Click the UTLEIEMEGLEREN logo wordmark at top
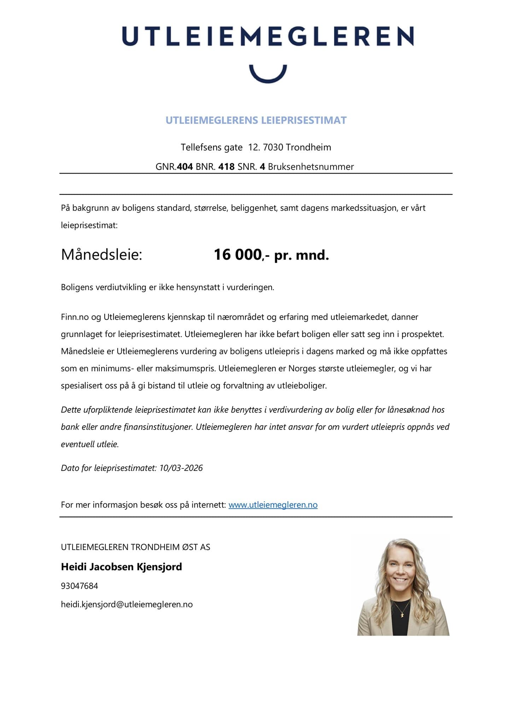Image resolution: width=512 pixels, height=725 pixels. (268, 36)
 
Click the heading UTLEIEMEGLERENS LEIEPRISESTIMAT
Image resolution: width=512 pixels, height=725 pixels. (256, 120)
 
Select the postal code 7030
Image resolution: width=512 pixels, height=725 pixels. (273, 147)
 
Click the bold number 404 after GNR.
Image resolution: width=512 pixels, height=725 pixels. (185, 167)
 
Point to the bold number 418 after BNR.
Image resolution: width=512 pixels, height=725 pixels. (226, 167)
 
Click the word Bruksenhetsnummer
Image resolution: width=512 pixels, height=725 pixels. (311, 167)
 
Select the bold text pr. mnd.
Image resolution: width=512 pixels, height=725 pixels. (302, 255)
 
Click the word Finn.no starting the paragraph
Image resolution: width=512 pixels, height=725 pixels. (75, 317)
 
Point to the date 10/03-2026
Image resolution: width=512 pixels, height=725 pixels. (181, 468)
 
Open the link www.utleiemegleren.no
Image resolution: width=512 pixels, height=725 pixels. (273, 505)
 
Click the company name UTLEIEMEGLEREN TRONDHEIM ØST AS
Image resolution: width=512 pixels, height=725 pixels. (135, 547)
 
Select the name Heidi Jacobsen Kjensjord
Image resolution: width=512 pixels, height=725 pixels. (121, 567)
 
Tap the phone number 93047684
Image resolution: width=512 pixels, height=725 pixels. (79, 586)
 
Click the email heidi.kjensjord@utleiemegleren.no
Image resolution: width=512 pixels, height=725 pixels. (127, 604)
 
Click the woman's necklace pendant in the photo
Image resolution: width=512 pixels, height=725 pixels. (402, 615)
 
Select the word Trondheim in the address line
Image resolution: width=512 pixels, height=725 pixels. (308, 147)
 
